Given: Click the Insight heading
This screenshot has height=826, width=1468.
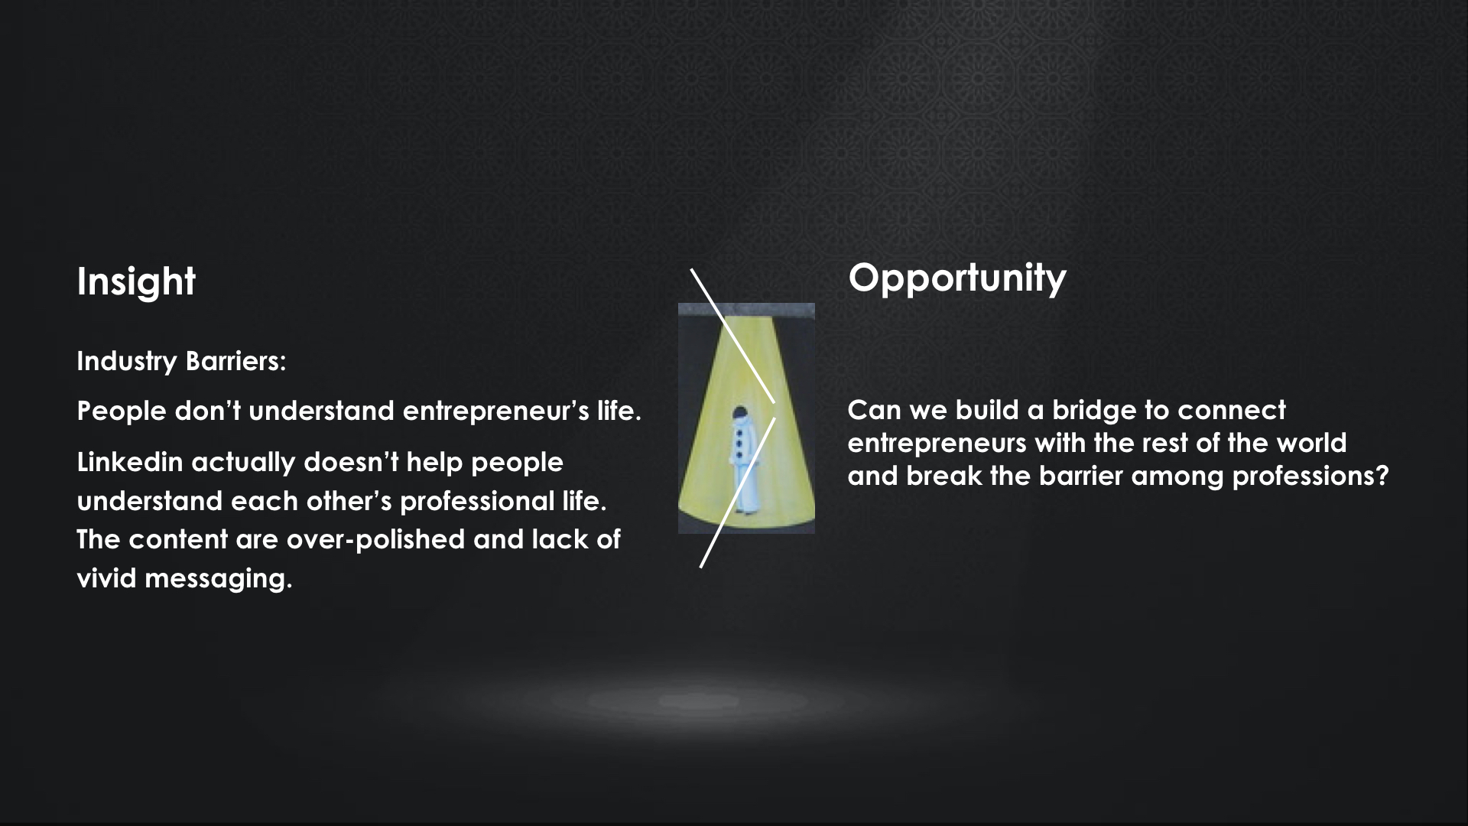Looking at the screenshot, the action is pyautogui.click(x=136, y=282).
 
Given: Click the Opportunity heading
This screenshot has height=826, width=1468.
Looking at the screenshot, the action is pyautogui.click(x=956, y=278).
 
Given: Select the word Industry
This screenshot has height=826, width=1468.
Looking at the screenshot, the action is pyautogui.click(x=127, y=362).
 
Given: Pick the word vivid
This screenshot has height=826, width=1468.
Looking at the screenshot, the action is pyautogui.click(x=107, y=578).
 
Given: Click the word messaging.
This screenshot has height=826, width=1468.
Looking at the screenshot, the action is pyautogui.click(x=219, y=580).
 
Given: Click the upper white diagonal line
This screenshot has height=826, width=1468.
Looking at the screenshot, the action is pyautogui.click(x=733, y=336).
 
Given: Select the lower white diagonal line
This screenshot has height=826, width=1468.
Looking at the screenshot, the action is pyautogui.click(x=738, y=493).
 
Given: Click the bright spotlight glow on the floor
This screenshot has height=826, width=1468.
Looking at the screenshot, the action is pyautogui.click(x=700, y=701).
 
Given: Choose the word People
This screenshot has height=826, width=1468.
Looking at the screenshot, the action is pyautogui.click(x=122, y=411).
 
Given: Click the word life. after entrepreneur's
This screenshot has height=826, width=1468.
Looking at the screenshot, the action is pyautogui.click(x=619, y=411).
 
